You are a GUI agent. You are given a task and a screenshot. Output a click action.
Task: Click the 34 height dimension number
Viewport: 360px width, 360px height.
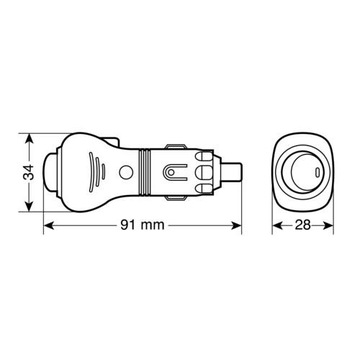tap(30, 172)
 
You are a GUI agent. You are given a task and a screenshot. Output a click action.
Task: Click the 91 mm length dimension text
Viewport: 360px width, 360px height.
tap(142, 225)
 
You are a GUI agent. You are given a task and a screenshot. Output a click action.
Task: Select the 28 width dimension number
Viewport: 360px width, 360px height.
tap(303, 225)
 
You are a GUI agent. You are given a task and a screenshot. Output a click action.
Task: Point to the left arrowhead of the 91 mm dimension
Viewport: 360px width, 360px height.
tap(49, 226)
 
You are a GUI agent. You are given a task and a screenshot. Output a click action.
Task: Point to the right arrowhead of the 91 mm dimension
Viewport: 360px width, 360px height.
tap(236, 226)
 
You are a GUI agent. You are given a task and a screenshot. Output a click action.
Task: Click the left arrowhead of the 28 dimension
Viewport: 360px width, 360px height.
tap(277, 226)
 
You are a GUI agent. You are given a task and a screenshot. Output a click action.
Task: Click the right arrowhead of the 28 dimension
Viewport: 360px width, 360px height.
tap(328, 226)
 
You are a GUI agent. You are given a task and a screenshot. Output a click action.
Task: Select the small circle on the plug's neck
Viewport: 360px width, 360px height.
tap(125, 172)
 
